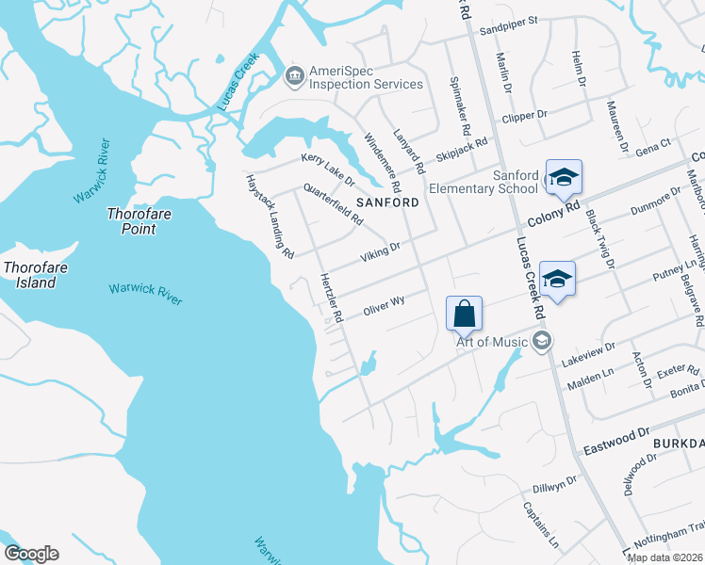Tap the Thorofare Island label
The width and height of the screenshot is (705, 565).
[36, 275]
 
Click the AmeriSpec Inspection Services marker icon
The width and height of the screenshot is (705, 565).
[294, 74]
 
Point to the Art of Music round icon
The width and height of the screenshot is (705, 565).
[541, 340]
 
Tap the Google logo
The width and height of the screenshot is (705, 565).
[31, 554]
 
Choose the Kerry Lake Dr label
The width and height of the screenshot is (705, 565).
[327, 169]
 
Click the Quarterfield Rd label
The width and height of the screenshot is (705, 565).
[333, 204]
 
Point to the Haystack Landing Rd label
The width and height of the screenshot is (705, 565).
[270, 216]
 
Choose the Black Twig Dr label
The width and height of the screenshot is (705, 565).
[600, 239]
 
